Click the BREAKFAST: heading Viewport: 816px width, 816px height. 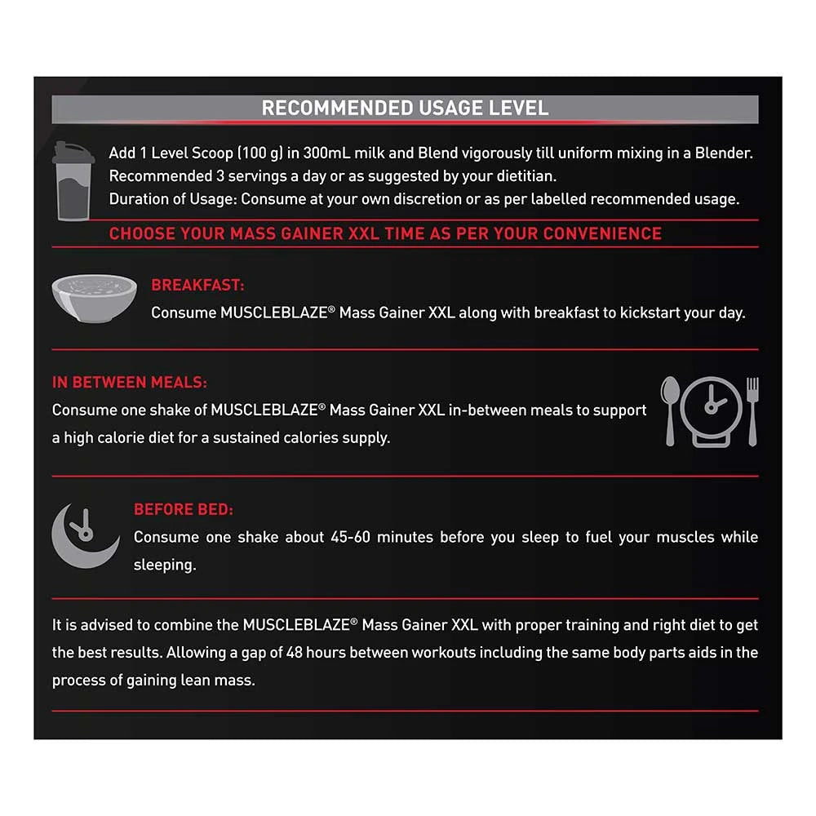[x=197, y=286]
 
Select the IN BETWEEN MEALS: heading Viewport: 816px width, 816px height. [x=129, y=382]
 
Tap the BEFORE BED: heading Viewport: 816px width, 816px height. [x=184, y=510]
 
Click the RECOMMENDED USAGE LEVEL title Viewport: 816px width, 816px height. [x=405, y=109]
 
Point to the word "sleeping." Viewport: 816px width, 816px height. [x=165, y=565]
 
